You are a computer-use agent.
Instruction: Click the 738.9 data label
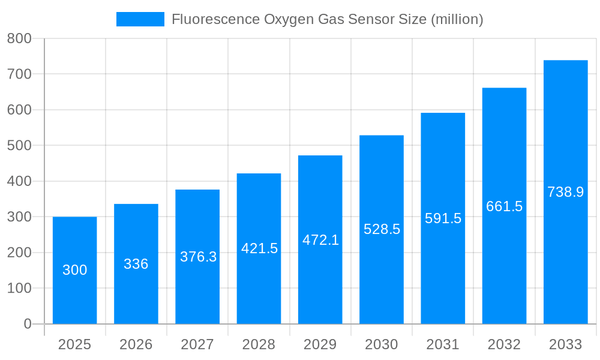tap(565, 192)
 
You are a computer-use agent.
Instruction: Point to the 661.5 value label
tap(504, 206)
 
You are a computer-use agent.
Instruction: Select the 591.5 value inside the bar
tap(443, 218)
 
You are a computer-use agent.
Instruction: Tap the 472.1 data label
tap(320, 240)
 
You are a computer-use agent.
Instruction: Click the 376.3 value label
tap(198, 257)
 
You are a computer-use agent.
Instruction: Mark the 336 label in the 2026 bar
tap(136, 264)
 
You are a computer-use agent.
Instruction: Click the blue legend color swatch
tap(140, 19)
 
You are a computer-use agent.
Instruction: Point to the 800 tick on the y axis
tap(19, 38)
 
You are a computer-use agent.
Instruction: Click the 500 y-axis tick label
tap(19, 145)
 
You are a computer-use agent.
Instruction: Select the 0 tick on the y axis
tap(28, 324)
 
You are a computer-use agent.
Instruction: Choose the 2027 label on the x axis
tap(197, 344)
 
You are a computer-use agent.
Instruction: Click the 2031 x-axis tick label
tap(443, 344)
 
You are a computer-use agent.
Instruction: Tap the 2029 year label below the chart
tap(320, 344)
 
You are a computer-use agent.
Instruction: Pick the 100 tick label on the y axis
tap(19, 288)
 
